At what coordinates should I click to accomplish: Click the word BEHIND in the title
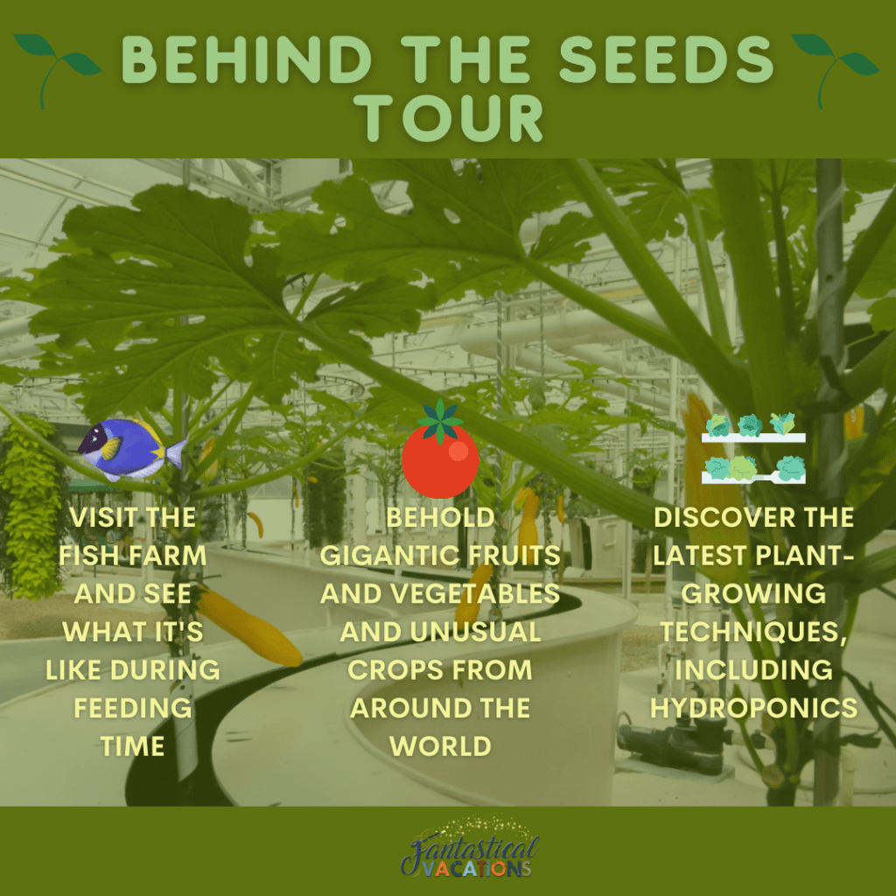247,59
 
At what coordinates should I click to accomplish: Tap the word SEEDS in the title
666,59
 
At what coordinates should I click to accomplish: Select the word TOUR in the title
449,118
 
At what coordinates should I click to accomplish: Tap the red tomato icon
440,460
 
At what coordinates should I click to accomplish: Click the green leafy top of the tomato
440,421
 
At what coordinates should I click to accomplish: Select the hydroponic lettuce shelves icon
753,449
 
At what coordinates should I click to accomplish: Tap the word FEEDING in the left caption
133,708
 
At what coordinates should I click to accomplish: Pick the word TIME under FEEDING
133,746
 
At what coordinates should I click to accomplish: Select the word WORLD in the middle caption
440,746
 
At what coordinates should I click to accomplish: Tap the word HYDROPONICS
753,708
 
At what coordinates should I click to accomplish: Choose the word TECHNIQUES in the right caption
753,632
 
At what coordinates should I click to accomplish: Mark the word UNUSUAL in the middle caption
475,632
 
